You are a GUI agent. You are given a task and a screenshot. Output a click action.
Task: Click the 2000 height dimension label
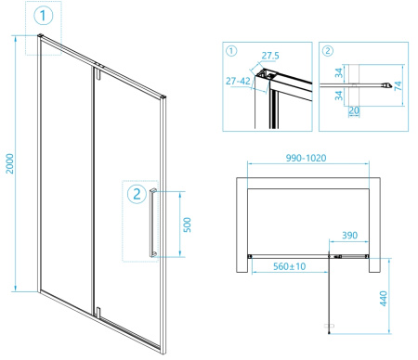tap(10, 163)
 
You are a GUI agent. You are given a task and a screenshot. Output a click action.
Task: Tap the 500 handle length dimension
tap(187, 225)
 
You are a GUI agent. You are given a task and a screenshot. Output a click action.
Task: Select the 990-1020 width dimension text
tap(306, 158)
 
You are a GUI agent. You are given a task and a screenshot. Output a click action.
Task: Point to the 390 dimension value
tap(350, 236)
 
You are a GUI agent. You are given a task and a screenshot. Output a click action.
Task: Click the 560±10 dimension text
tap(290, 266)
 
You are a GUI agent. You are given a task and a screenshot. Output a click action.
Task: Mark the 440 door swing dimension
tap(384, 299)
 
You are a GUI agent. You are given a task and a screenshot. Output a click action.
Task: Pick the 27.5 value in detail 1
tap(270, 56)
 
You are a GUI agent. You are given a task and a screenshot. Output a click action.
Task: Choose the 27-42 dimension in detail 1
tap(238, 81)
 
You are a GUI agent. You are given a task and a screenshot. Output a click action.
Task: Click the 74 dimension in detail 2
tap(398, 85)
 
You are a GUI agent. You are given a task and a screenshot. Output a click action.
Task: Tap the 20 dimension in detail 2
tap(354, 110)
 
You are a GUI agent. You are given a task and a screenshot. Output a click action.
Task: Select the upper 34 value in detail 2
tap(339, 73)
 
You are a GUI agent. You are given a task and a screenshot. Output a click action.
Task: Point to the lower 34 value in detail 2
tap(339, 96)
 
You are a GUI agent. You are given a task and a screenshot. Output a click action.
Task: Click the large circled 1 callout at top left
tap(43, 16)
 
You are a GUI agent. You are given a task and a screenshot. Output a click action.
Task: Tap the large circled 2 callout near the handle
tap(137, 194)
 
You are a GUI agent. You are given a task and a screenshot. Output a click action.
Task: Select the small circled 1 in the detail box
tap(231, 51)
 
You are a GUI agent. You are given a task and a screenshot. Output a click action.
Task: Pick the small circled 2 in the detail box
tap(328, 51)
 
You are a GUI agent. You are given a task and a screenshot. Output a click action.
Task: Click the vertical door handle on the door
tap(153, 223)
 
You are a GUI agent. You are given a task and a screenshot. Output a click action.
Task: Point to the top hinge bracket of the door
tap(98, 74)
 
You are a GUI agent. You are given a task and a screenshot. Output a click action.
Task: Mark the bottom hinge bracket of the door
tap(98, 312)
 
